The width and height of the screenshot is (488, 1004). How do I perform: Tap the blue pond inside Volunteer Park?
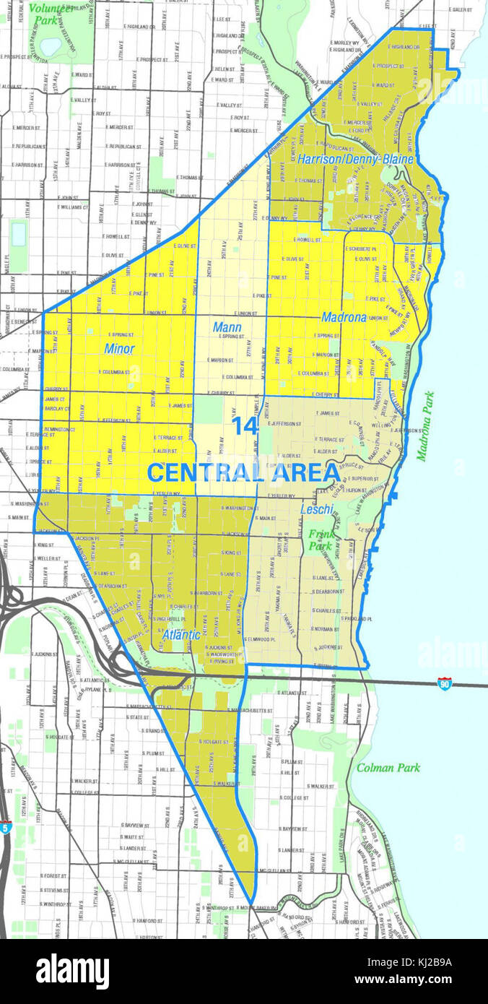[51, 47]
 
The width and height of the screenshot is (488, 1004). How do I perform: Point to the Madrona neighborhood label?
[344, 317]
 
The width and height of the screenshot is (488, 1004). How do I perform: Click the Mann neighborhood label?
[227, 327]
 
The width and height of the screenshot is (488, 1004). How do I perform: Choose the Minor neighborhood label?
[119, 348]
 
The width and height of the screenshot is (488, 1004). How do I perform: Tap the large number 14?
[245, 426]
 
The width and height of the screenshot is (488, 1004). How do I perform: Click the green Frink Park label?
[321, 541]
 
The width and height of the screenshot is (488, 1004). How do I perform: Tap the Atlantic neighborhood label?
[181, 636]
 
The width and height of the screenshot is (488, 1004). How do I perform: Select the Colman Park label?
[388, 768]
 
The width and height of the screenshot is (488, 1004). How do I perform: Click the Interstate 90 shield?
[445, 683]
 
